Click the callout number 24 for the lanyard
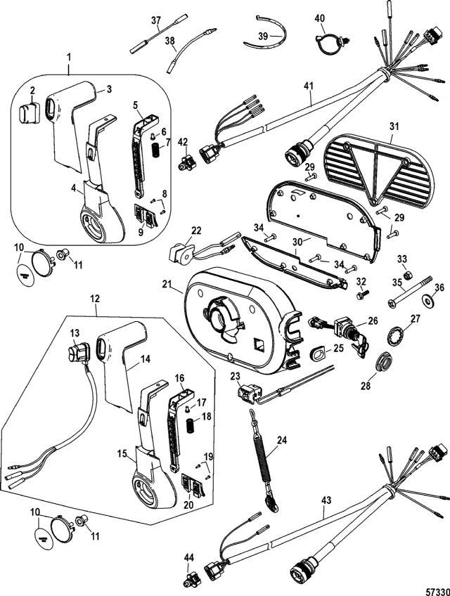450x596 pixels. (x=282, y=441)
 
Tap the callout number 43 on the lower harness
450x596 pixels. (x=325, y=500)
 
